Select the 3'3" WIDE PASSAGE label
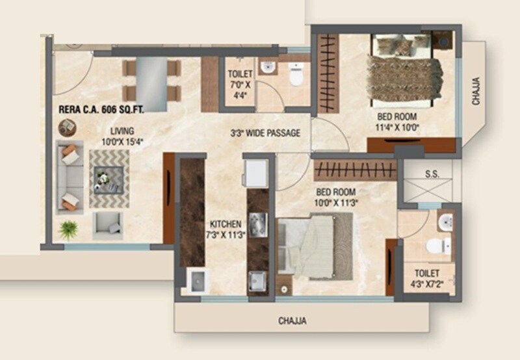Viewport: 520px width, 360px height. click(265, 134)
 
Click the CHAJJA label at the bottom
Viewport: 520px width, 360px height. click(292, 320)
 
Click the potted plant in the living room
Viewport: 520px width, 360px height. click(68, 228)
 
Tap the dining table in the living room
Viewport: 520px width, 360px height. click(151, 79)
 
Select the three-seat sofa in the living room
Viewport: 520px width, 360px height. click(68, 176)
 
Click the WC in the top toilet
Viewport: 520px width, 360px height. click(296, 76)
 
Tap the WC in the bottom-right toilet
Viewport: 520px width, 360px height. click(439, 246)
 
